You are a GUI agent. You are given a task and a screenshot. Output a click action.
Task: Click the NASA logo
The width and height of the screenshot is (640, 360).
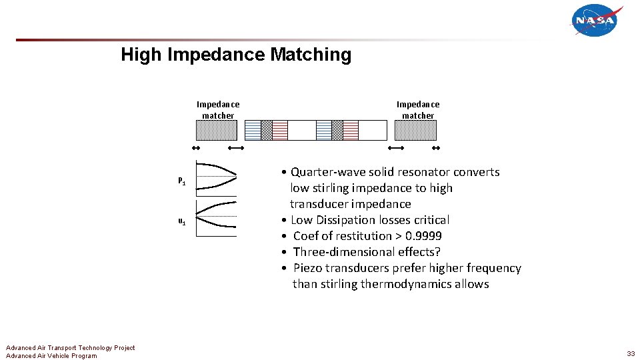pos(596,21)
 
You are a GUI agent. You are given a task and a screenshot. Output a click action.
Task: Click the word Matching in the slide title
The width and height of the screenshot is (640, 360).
pos(310,55)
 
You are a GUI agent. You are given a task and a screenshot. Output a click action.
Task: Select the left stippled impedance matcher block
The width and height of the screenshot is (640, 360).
pos(218,130)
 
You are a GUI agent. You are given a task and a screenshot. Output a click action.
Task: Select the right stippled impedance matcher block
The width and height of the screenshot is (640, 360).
pos(418,130)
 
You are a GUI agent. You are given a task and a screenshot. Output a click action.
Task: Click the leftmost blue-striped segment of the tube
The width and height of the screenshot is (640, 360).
pos(253,130)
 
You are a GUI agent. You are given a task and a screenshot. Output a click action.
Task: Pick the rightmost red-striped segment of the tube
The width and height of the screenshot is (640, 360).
pos(351,130)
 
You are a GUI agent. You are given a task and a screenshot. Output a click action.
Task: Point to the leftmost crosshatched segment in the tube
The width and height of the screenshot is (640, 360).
pos(267,130)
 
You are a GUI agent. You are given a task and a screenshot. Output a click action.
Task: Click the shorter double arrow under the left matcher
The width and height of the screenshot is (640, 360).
pos(196,147)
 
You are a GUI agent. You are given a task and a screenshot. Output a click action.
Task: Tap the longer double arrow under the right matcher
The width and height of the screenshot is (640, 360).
pos(396,147)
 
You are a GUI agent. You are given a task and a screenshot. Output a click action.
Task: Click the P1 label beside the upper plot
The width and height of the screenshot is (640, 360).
pos(181,181)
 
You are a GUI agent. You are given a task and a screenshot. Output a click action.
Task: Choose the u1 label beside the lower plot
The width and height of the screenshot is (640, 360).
pos(181,221)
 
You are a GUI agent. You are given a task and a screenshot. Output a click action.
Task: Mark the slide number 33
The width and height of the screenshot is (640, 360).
pos(630,353)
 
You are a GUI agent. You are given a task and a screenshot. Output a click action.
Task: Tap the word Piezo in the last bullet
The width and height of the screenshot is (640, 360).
pos(308,268)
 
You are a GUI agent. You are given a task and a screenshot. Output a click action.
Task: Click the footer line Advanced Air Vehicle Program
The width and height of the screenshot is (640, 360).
pos(51,356)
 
